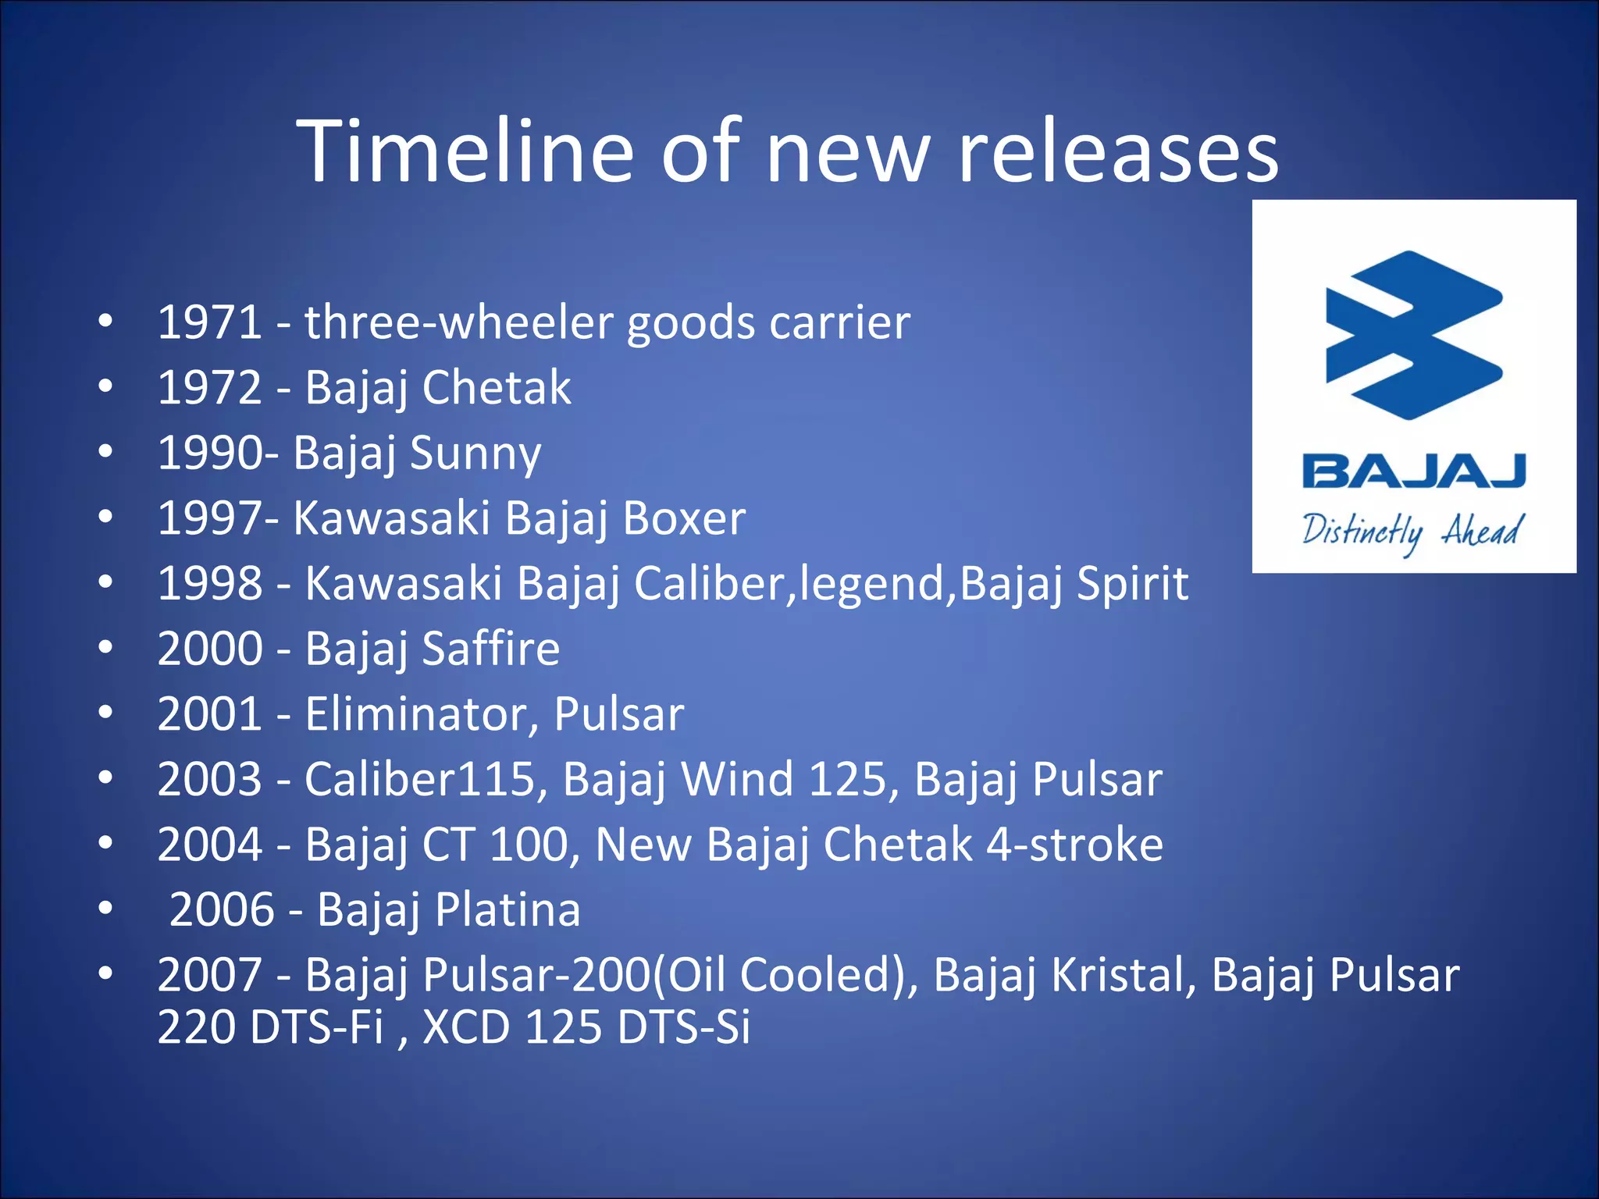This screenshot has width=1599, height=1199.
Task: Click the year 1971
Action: tap(209, 322)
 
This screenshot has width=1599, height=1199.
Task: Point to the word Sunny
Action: tap(475, 454)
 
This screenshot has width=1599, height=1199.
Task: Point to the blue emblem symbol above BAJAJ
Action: tap(1413, 336)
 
